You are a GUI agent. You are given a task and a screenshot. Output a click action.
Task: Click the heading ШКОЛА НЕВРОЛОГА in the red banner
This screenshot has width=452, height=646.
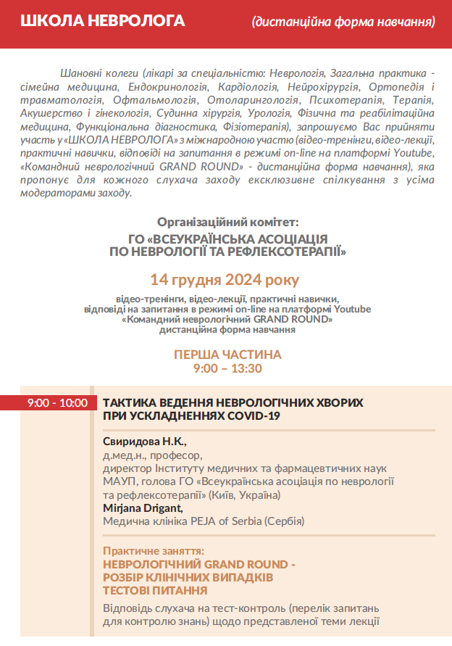click(102, 20)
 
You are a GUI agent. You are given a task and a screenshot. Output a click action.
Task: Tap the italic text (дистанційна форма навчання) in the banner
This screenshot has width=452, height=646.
click(343, 22)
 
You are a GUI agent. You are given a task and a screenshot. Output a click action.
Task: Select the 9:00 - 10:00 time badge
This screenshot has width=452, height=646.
click(57, 402)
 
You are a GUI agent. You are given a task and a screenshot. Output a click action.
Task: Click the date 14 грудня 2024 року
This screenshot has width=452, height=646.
click(225, 279)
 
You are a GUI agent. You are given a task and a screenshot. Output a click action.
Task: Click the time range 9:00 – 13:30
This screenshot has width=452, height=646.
click(227, 368)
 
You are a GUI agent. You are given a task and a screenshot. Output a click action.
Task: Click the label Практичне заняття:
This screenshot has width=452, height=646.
click(154, 551)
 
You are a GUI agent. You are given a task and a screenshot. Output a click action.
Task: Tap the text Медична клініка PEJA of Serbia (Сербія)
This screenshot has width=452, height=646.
click(204, 521)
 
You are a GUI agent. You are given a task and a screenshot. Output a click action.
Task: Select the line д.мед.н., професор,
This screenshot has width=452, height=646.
click(153, 455)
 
